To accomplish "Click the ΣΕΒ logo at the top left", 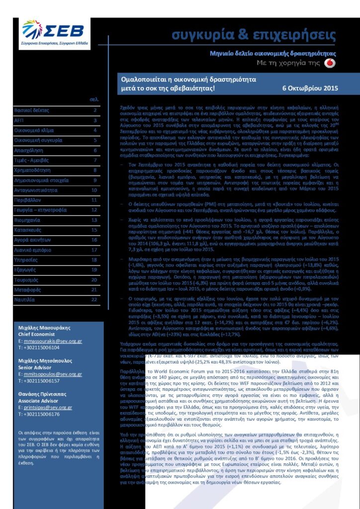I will (55, 34).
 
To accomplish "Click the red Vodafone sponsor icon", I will (333, 63).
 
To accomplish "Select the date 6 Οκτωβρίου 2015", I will (310, 88).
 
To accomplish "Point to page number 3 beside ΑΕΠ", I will (94, 121).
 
